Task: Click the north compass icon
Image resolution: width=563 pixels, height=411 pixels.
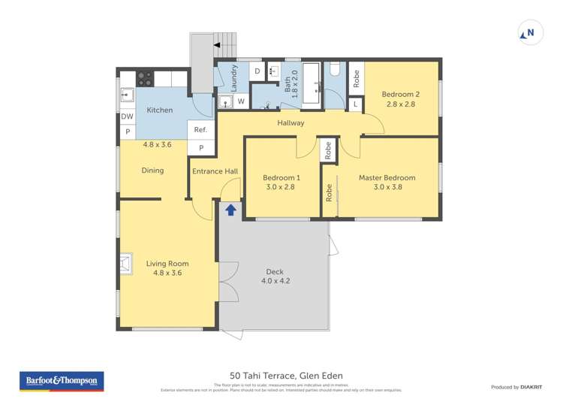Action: coord(530,33)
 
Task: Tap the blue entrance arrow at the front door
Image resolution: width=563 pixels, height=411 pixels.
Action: coord(230,210)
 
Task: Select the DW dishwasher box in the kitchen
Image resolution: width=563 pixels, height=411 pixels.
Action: coord(127,116)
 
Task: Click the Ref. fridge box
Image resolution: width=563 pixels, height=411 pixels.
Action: coord(200,130)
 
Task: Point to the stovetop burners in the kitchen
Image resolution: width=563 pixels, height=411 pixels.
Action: coord(144,77)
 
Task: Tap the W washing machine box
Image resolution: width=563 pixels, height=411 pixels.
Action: coord(241,101)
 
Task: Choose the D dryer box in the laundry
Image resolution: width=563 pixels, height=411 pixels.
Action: coord(257,71)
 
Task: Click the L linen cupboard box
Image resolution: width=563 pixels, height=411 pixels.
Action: coord(355,104)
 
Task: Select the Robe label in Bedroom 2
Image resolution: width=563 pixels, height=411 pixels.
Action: coord(356,77)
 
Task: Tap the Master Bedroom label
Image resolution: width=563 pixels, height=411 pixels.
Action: coord(387,178)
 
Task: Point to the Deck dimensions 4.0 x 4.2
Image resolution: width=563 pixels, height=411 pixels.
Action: coord(275,281)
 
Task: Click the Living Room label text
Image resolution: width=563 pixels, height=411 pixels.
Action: coord(167,264)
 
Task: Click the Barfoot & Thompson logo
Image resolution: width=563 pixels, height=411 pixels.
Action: coord(62,381)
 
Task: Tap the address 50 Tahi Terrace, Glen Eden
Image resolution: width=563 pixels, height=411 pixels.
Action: coord(281,376)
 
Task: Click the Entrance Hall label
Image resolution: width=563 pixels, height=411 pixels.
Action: coord(215,171)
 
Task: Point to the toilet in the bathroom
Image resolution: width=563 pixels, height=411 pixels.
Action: coord(335,71)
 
